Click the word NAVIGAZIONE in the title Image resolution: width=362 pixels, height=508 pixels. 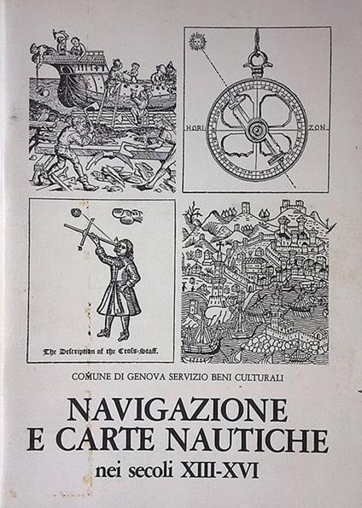tap(178, 410)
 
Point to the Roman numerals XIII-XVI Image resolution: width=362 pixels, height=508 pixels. tap(219, 470)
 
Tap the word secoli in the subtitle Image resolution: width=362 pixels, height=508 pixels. tap(152, 470)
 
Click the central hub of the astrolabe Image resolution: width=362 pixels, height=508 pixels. tap(258, 129)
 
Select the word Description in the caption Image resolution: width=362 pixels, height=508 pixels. tap(74, 351)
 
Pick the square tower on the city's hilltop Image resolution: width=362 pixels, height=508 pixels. tap(246, 207)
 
